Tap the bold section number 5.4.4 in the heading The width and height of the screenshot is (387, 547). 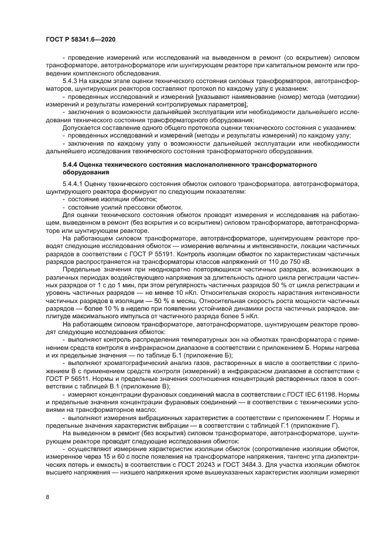click(71, 166)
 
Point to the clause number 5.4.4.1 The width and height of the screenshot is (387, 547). click(73, 184)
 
